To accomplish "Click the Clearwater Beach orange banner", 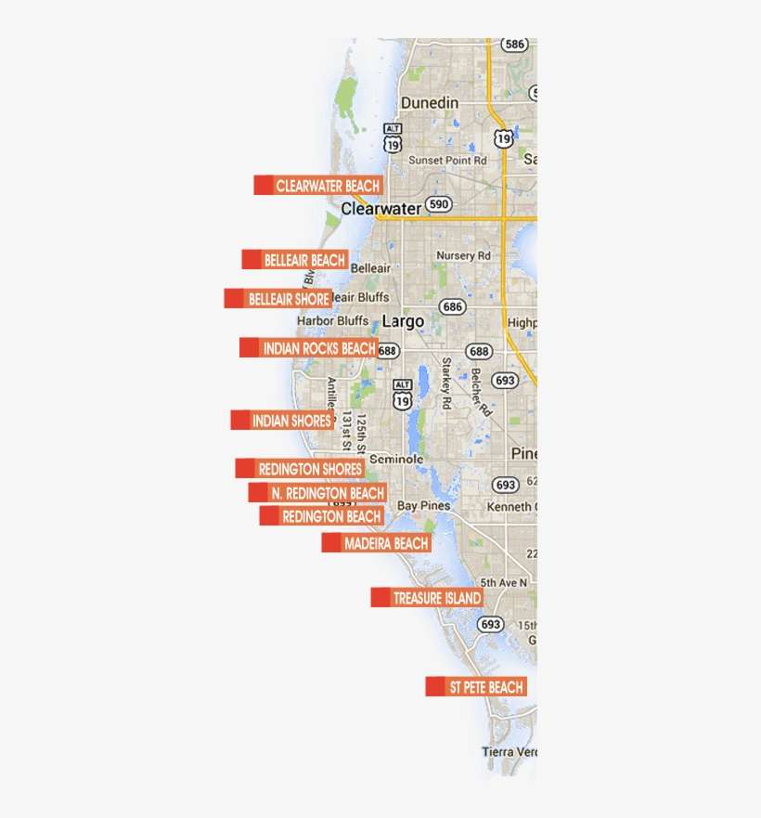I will [318, 186].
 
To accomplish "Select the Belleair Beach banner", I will [295, 260].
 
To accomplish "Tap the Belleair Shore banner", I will [277, 299].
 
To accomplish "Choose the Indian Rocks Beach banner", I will [309, 348].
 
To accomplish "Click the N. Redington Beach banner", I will [317, 493].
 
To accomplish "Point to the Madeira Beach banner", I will [377, 543].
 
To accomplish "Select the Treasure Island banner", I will [427, 598].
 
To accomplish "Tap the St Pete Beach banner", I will [476, 687].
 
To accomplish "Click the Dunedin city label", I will [430, 102].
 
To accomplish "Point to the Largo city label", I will [404, 321].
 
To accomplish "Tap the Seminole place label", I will [396, 459].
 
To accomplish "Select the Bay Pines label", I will [424, 506].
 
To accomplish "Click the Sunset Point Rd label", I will [448, 160].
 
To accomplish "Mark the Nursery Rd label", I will [463, 255].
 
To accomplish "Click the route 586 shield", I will [515, 44].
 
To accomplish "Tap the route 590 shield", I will [439, 205].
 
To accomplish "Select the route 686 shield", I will [452, 306].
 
